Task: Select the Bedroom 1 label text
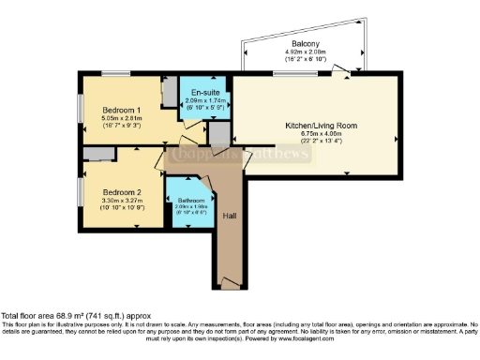(122, 110)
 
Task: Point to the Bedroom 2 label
(122, 189)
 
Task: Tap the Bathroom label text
(190, 200)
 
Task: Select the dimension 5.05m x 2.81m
(122, 118)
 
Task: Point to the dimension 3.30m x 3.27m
(122, 198)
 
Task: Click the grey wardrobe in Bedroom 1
(169, 93)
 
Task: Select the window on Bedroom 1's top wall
(115, 73)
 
